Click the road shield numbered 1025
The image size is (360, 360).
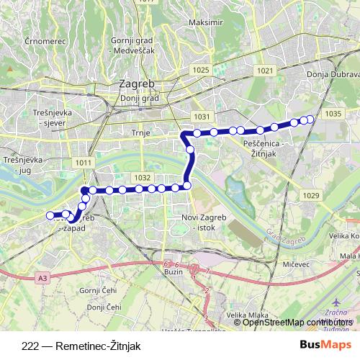(x=201, y=70)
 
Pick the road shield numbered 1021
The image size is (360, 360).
(x=264, y=70)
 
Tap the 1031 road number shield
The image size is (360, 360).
(x=202, y=116)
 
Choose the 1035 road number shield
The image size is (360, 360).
(x=333, y=114)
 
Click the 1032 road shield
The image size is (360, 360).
(x=141, y=177)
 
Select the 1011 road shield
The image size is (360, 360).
(x=83, y=163)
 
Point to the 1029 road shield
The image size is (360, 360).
(x=311, y=196)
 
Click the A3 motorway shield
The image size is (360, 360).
(x=43, y=276)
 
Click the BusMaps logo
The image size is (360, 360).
(x=326, y=344)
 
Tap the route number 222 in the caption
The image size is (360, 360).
(x=31, y=345)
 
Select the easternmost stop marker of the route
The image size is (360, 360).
(x=310, y=119)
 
